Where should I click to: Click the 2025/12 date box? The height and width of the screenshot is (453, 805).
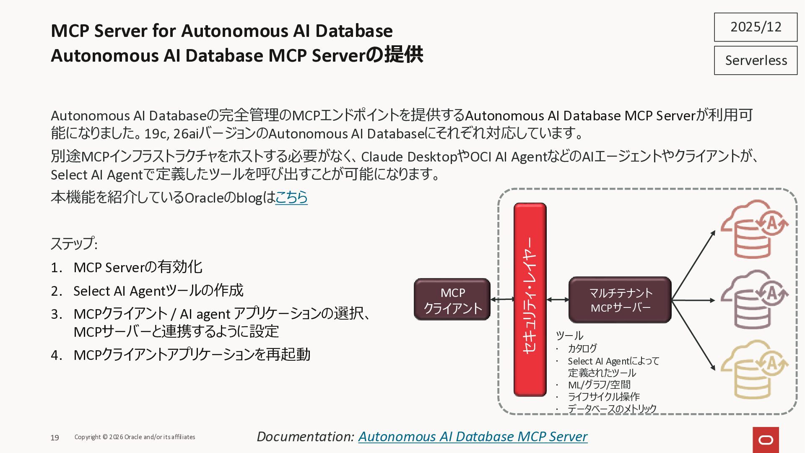point(756,27)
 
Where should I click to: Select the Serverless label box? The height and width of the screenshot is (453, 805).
point(756,61)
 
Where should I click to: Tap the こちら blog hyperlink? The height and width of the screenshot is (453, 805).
point(291,197)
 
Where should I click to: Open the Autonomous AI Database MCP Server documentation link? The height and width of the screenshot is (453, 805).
point(473,437)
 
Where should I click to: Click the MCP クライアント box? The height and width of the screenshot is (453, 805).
point(452,300)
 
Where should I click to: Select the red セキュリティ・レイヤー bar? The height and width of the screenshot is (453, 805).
point(530,299)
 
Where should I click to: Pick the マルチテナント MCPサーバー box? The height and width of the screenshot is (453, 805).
point(620,300)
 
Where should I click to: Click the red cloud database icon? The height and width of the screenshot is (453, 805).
point(753,229)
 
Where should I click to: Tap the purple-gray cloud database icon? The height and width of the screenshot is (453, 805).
point(753,299)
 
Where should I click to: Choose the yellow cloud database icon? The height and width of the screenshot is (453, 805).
point(753,370)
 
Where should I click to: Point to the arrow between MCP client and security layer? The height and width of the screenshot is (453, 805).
point(502,299)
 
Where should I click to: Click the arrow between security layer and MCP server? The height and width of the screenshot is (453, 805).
point(558,299)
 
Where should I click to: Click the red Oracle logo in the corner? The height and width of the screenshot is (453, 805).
point(766,440)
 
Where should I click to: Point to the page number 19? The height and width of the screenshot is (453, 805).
point(55,438)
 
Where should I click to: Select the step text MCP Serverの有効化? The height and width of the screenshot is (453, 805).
point(138,267)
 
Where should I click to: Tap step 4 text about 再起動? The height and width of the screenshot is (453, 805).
point(192,355)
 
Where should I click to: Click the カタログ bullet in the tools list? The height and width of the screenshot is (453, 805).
point(582,349)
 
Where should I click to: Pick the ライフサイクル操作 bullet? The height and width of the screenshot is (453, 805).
point(604,397)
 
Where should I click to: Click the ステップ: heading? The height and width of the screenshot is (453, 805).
point(74,244)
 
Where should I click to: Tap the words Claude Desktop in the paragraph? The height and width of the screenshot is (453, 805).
point(409,157)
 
